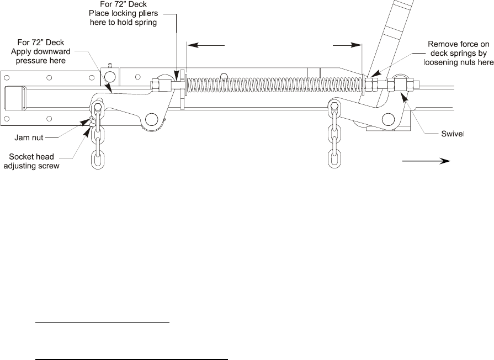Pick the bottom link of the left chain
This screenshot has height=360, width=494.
[x=98, y=159]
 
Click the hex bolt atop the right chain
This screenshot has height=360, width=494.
[x=334, y=106]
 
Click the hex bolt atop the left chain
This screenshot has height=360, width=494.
[x=98, y=107]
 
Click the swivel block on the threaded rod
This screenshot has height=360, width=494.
[x=399, y=85]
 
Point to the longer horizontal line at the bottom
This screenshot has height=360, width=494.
[x=131, y=359]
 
